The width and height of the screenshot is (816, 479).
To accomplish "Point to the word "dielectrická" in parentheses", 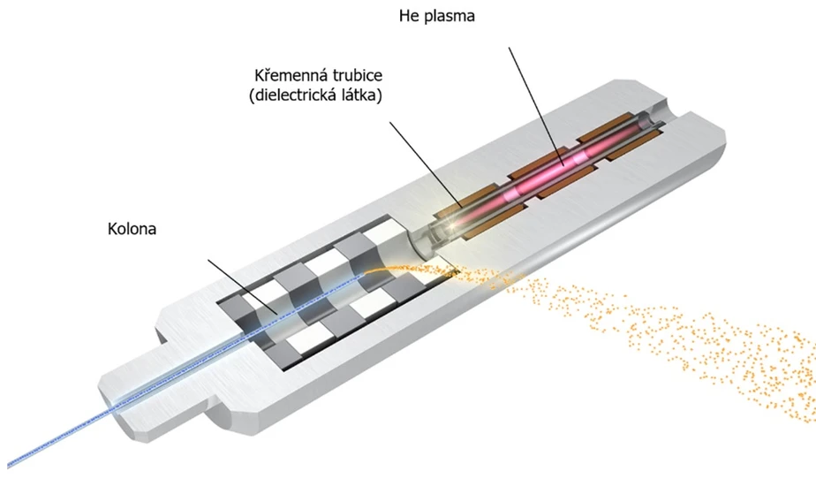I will point(298,96).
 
